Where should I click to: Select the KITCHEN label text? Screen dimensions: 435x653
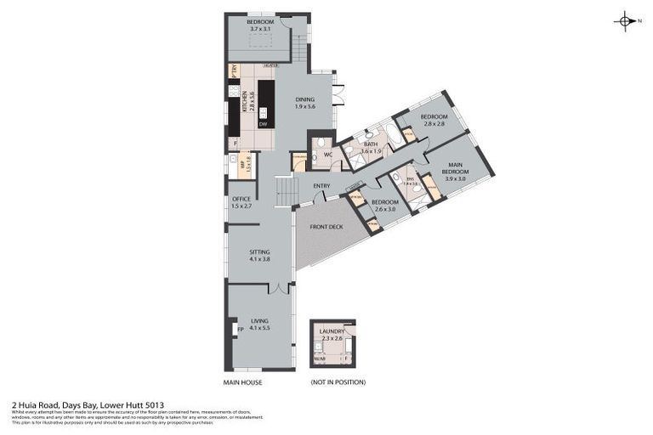point(244,102)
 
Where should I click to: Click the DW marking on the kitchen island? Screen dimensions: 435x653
point(264,124)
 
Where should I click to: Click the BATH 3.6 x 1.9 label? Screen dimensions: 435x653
point(371,148)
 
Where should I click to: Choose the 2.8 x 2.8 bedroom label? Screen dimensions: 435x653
point(434,120)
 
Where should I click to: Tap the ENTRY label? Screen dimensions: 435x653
point(321,186)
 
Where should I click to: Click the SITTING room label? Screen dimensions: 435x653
point(259,255)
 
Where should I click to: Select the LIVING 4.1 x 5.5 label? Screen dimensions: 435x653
point(260,324)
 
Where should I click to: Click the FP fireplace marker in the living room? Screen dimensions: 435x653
point(240,328)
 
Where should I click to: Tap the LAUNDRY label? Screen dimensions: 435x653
point(332,335)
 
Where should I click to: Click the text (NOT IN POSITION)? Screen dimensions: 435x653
point(338,382)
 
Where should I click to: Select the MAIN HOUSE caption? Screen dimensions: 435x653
point(242,382)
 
